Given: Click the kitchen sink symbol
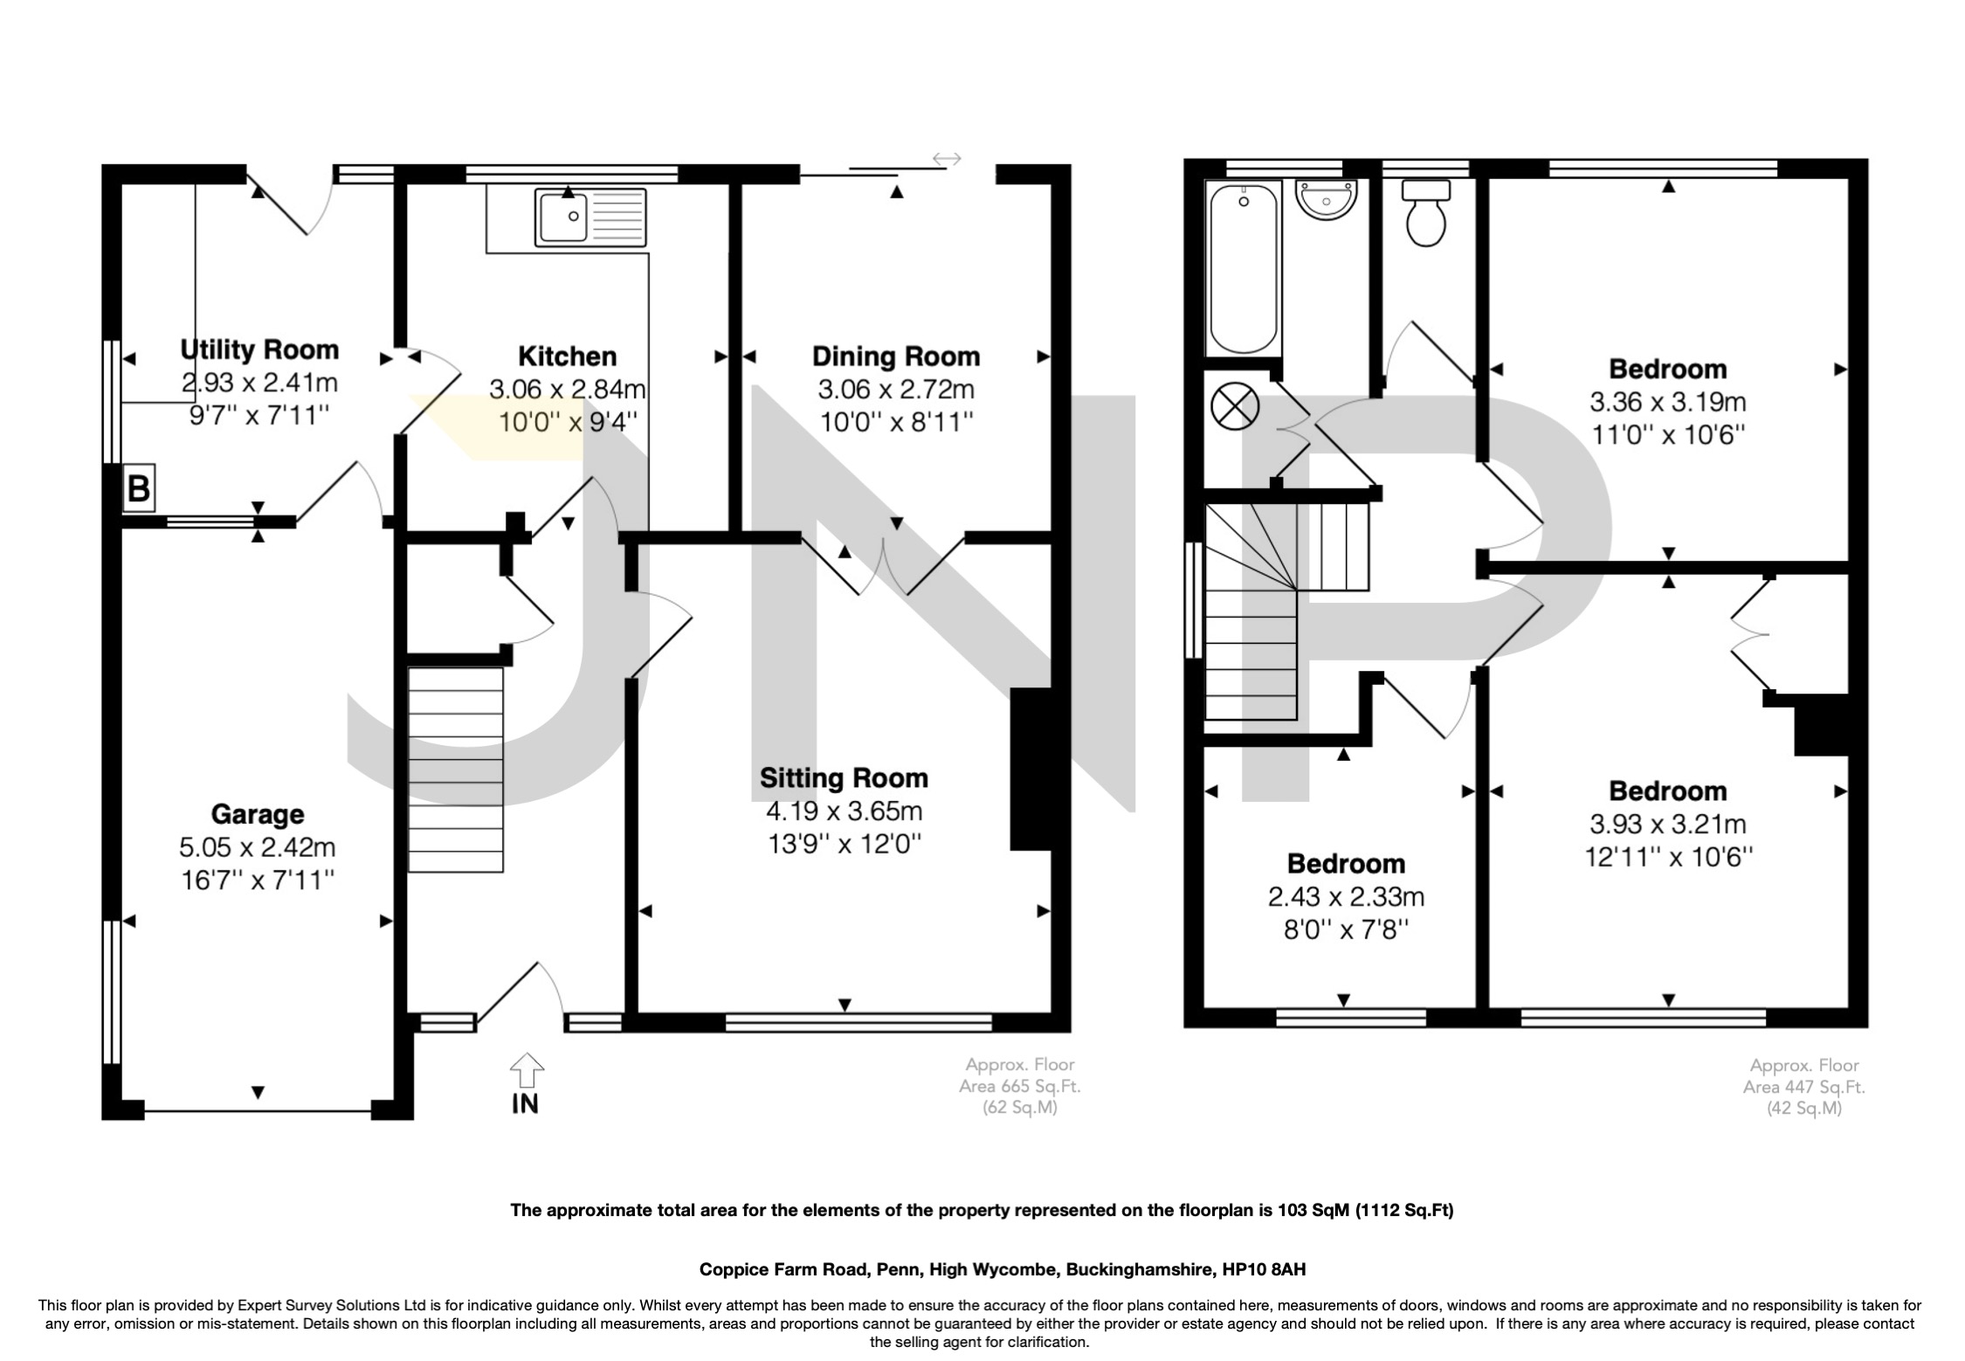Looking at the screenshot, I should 592,217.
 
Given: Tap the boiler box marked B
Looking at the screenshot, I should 139,487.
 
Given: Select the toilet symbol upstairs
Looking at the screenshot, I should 1425,213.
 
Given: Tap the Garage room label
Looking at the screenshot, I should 258,814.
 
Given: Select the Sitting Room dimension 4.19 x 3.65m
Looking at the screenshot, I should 844,812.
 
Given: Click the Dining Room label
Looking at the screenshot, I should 896,356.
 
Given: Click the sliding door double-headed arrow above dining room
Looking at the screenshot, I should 947,159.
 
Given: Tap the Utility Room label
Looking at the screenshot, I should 259,349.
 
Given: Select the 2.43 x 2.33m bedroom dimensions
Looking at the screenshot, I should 1346,896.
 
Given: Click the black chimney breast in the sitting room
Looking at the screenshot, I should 1031,769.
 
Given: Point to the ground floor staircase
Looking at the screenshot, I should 456,769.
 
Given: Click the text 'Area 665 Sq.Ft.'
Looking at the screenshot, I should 1020,1087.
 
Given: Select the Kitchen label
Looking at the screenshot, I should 568,356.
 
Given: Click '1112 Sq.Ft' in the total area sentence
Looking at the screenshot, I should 1405,1210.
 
